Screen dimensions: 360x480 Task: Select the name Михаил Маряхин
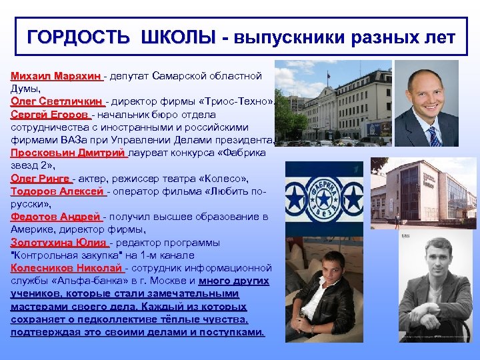pyautogui.click(x=55, y=76)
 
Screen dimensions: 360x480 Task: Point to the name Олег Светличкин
pyautogui.click(x=57, y=101)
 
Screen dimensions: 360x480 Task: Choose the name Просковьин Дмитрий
pyautogui.click(x=67, y=153)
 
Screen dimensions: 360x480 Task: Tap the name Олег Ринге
pyautogui.click(x=40, y=179)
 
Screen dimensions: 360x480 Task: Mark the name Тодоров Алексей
pyautogui.click(x=57, y=191)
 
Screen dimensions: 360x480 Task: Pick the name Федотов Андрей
pyautogui.click(x=55, y=217)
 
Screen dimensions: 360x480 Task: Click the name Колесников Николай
pyautogui.click(x=67, y=268)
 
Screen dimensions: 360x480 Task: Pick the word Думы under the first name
pyautogui.click(x=24, y=89)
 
